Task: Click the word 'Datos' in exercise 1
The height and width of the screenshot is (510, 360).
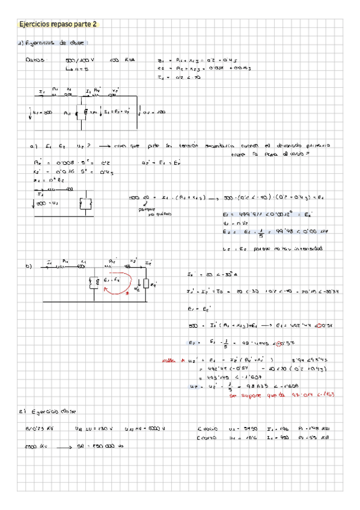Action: [32, 61]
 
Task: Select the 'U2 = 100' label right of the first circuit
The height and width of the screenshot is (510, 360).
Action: [156, 112]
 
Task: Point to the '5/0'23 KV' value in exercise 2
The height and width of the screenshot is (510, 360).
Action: [36, 428]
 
